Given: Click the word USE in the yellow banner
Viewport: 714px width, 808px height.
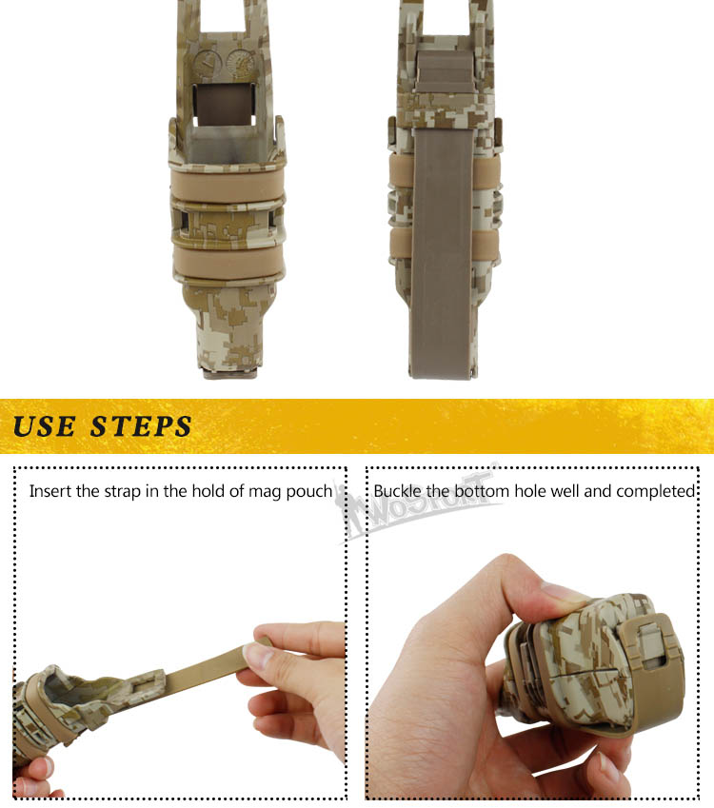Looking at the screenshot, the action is tap(45, 426).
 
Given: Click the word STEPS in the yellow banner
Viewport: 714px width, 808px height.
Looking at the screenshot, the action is tap(141, 426).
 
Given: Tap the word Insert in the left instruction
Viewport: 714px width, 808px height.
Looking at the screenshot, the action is tap(50, 490).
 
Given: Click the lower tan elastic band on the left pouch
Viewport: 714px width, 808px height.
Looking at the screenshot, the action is tap(228, 263).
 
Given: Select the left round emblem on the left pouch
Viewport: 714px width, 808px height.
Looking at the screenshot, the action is tap(208, 64).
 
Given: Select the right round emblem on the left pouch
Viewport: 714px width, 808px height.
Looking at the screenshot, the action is tap(241, 63).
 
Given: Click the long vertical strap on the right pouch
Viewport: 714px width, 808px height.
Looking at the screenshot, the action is tap(442, 252).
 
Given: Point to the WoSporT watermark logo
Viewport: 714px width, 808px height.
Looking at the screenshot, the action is tap(418, 503).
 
